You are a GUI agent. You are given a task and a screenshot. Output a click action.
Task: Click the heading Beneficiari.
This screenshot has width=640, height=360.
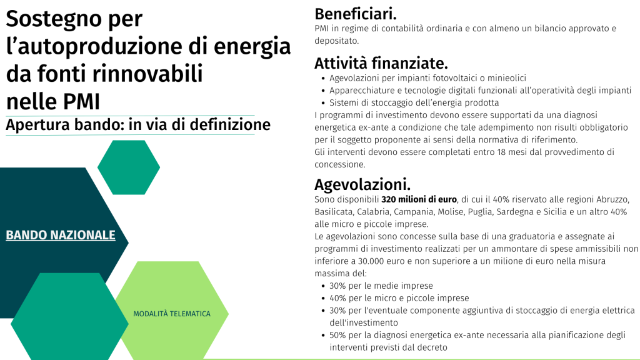click(x=356, y=14)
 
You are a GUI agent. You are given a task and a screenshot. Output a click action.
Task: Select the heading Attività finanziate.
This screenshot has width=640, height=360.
click(x=381, y=63)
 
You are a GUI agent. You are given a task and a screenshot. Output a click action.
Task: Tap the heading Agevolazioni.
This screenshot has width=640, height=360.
click(x=362, y=185)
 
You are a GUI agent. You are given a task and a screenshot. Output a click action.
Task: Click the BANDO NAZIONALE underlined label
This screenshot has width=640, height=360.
click(x=61, y=235)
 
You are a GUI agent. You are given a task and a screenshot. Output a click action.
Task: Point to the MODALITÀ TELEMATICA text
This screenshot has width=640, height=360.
click(x=172, y=314)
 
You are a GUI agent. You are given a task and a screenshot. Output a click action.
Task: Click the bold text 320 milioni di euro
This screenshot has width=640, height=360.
click(x=419, y=199)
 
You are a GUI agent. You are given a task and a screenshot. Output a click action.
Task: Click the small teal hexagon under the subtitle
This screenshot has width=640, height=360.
click(x=129, y=167)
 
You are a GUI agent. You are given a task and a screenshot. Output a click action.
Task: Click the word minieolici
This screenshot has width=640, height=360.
click(x=507, y=78)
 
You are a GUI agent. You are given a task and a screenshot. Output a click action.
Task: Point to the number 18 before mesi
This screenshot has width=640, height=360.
click(x=502, y=152)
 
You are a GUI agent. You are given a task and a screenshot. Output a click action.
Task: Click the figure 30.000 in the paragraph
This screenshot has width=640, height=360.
click(x=371, y=261)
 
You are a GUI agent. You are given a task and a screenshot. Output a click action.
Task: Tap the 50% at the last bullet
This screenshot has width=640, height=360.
click(x=338, y=335)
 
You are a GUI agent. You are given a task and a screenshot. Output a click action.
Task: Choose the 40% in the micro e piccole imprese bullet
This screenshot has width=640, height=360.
click(x=338, y=298)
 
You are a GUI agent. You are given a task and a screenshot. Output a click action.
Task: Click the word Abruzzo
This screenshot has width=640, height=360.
click(x=612, y=199)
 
